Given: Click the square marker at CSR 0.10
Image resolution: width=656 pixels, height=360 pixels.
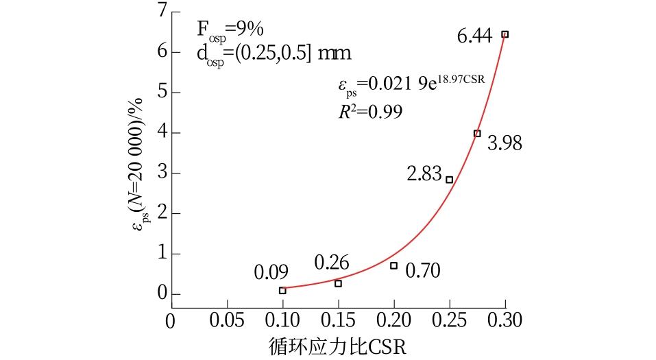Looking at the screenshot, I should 282,291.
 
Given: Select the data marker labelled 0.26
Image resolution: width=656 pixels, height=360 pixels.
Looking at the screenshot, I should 338,283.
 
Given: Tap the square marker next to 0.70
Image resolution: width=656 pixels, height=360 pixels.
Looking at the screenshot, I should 393,265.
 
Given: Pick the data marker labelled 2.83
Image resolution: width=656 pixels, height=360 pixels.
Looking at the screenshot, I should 449,180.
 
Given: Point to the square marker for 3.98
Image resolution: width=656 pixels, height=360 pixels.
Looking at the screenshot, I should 477,133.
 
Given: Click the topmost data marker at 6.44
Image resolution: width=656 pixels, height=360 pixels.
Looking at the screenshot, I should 505,34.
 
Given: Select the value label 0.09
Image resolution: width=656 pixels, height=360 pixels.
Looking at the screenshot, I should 271,271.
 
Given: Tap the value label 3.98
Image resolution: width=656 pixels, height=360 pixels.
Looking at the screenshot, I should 505,143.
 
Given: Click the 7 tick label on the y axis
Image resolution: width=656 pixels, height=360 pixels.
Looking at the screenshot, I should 161,11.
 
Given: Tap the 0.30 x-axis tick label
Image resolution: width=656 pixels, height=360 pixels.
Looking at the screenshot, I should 505,320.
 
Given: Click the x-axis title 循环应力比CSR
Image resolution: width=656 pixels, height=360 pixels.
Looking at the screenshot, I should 338,347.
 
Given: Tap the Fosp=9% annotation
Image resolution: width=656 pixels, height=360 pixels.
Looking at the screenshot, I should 226,29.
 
